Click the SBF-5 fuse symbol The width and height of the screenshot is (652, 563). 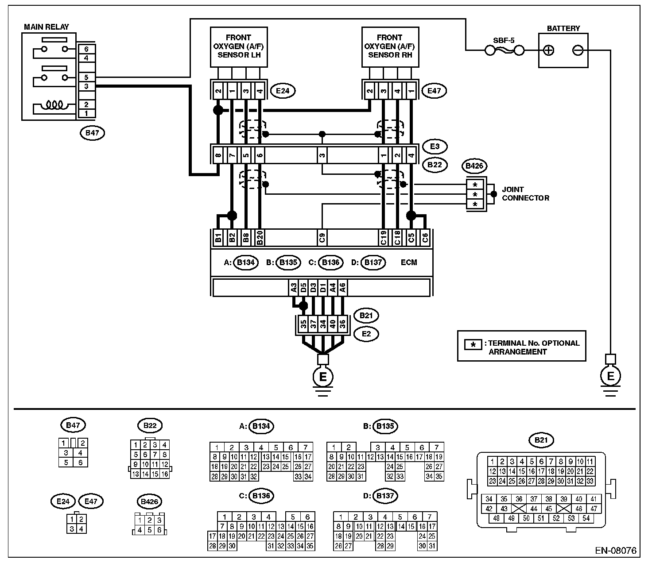point(505,50)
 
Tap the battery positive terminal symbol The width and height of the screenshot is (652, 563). point(548,50)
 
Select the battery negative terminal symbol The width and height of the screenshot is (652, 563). point(578,50)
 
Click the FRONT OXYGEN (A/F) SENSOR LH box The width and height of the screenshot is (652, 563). point(239,47)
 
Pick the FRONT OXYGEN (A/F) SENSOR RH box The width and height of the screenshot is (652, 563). point(390,47)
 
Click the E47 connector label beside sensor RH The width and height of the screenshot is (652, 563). point(434,91)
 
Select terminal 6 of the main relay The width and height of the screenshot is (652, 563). point(86,49)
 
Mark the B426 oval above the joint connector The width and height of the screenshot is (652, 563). point(474,166)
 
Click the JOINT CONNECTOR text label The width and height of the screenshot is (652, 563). point(525,194)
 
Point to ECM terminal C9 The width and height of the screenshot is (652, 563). point(322,238)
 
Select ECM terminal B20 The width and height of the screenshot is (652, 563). point(260,238)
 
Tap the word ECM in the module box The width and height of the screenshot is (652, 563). point(409,262)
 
